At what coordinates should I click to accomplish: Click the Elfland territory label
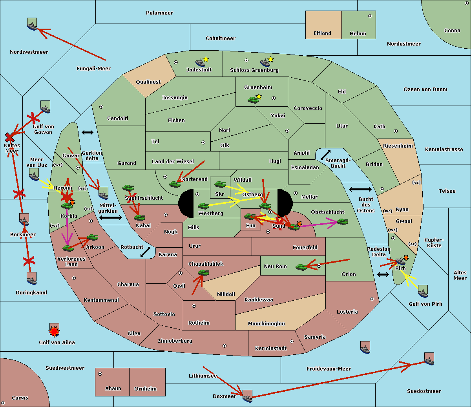[x=322, y=33]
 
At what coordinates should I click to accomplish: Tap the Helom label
[x=358, y=34]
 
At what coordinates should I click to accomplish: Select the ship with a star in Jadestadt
[x=201, y=62]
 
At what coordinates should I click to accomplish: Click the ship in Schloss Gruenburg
[x=266, y=63]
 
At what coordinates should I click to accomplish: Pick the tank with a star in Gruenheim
[x=254, y=100]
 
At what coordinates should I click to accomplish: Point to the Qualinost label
[x=148, y=82]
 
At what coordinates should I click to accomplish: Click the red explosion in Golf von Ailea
[x=54, y=332]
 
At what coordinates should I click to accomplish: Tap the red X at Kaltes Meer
[x=10, y=137]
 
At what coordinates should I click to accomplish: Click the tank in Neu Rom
[x=301, y=267]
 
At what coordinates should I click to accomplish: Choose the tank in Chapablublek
[x=203, y=272]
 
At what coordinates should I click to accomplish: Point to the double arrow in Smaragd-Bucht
[x=325, y=155]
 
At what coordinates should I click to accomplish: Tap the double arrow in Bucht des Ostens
[x=360, y=190]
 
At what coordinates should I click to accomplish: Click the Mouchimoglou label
[x=267, y=324]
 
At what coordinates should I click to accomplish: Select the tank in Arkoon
[x=92, y=237]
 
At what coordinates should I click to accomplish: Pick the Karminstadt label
[x=271, y=349]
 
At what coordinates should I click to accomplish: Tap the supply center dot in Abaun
[x=100, y=374]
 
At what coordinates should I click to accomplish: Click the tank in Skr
[x=220, y=184]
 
